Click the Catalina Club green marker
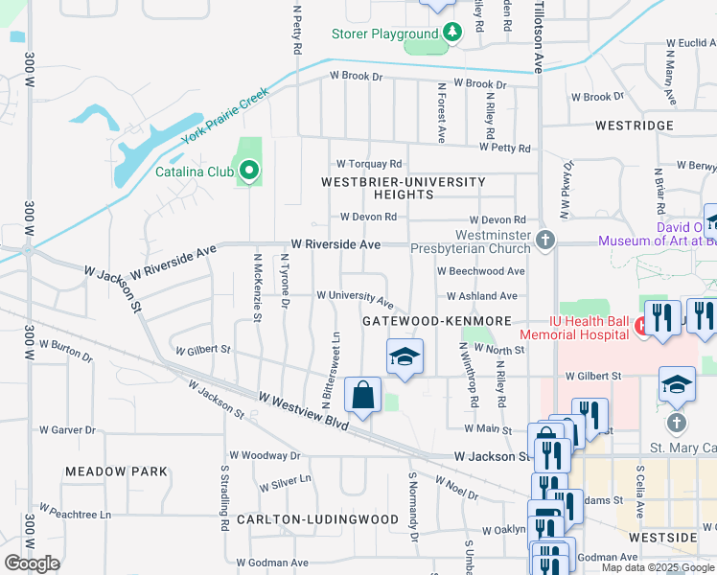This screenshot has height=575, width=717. (249, 172)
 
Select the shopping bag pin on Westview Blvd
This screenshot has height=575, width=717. (363, 395)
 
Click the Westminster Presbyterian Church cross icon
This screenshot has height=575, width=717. (545, 240)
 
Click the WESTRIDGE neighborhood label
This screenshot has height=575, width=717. (634, 126)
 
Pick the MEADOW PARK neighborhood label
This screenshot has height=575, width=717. (116, 471)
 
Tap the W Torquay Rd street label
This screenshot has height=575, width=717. (368, 165)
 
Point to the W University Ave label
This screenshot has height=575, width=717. (355, 297)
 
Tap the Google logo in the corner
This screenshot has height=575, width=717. (32, 563)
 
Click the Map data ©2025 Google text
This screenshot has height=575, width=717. (657, 567)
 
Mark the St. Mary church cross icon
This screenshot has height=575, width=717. (677, 423)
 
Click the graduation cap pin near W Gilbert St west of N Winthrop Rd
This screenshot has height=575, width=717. (405, 356)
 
